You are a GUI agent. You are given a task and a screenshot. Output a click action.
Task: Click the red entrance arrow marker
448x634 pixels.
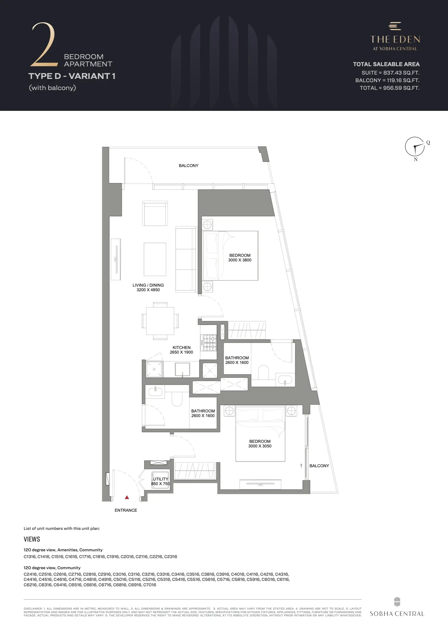point(127,497)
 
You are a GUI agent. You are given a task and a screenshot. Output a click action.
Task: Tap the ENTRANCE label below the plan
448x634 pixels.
point(126,510)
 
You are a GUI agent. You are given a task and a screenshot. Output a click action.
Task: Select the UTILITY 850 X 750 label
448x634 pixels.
point(161,481)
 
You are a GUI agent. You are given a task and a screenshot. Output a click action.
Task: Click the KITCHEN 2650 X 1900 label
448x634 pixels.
point(181,350)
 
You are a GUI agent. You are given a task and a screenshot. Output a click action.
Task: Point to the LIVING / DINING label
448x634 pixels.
point(148,285)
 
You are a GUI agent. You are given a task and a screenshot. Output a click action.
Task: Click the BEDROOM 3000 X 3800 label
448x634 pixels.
point(240,258)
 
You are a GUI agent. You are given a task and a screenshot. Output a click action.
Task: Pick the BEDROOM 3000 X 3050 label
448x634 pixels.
point(260,444)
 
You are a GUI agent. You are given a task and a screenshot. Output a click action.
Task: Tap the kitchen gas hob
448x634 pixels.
point(210,343)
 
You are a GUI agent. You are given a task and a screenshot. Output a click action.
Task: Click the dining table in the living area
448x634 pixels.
point(160,321)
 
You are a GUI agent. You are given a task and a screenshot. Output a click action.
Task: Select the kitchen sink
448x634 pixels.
point(182,369)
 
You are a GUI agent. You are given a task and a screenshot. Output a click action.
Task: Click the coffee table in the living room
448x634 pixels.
point(155,259)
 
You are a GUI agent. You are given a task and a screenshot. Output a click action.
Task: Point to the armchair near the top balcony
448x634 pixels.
point(155,213)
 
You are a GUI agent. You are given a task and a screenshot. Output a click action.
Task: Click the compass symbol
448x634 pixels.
point(415,146)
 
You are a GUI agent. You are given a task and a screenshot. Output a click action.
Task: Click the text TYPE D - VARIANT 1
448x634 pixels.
point(72,76)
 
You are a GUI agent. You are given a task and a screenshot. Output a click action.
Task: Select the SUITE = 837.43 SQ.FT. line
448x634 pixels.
point(391,73)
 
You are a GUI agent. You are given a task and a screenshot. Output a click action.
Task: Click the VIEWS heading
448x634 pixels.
point(32,539)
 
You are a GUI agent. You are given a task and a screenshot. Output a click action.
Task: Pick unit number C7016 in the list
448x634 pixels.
point(149,585)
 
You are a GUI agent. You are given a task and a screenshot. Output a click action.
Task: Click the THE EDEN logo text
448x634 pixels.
point(395,40)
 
